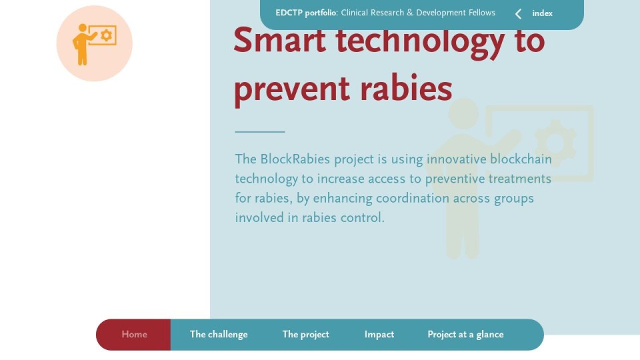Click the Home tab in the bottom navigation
tap(134, 334)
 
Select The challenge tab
tap(219, 334)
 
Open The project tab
tap(306, 334)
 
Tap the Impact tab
tap(379, 334)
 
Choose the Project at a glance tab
tap(466, 334)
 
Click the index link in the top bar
tap(543, 13)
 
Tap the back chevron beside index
tap(519, 14)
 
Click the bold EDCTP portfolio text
tap(306, 13)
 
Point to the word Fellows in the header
tap(482, 13)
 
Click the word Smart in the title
tap(279, 41)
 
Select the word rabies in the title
tap(406, 87)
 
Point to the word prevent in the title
tap(292, 90)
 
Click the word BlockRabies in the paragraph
tap(295, 159)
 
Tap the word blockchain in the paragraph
tap(521, 159)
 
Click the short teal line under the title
tap(260, 132)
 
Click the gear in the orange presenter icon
tap(107, 35)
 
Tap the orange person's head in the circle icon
tap(83, 28)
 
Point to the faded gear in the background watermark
tap(555, 143)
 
